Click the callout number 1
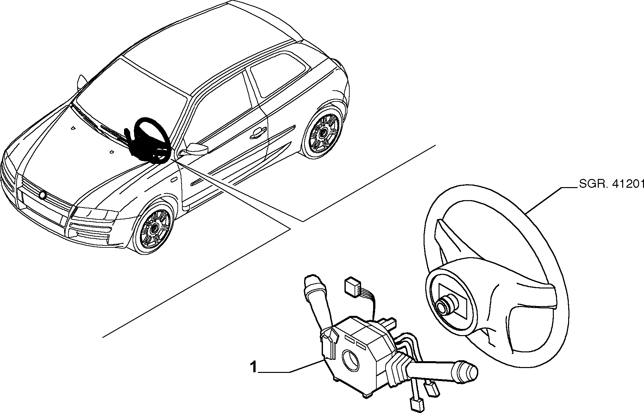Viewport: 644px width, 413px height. click(254, 367)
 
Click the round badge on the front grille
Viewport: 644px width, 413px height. click(42, 195)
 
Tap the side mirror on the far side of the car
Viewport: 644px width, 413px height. click(81, 83)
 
